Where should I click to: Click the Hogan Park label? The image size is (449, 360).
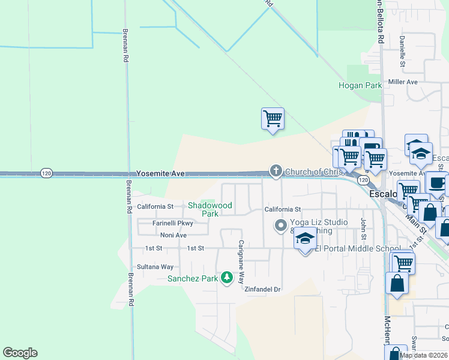click(x=360, y=86)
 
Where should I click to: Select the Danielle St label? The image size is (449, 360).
click(x=403, y=52)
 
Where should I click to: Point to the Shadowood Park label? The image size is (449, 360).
click(x=209, y=209)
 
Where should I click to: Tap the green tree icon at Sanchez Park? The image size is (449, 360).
click(x=226, y=277)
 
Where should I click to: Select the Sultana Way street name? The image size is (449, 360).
click(x=155, y=266)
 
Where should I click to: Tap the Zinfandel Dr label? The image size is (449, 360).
click(x=263, y=289)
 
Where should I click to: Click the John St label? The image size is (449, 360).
click(x=363, y=227)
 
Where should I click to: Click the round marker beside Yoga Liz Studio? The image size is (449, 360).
click(x=280, y=226)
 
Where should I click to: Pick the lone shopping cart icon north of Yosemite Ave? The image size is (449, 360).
click(x=273, y=118)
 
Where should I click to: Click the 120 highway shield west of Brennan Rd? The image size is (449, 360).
click(x=47, y=173)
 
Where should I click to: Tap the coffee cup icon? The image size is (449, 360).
click(x=436, y=182)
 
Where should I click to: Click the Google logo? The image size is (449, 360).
click(x=20, y=353)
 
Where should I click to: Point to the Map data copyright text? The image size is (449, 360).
click(x=424, y=355)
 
